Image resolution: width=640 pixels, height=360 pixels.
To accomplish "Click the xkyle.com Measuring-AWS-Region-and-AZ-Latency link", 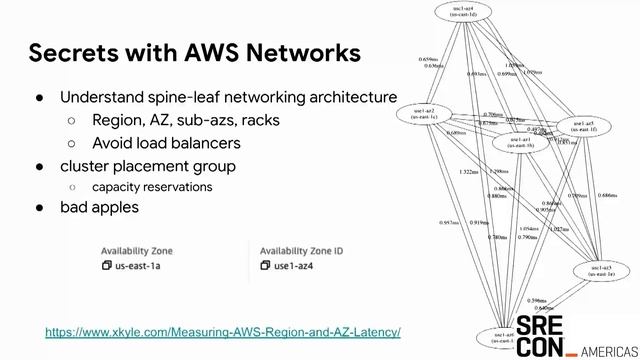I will point(223,331).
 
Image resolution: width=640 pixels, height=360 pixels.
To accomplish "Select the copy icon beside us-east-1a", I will point(107,266).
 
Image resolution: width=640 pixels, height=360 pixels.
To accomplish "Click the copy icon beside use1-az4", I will point(266,266).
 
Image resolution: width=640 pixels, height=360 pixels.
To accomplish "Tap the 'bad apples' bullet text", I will point(99,207).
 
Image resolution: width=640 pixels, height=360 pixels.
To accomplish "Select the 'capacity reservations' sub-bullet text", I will point(152,187).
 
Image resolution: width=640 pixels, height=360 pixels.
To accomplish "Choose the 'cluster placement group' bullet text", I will point(148,165).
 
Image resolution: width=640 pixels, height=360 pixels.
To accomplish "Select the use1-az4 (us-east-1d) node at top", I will point(462,13).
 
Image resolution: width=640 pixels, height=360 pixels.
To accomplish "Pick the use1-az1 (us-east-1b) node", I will point(520,142).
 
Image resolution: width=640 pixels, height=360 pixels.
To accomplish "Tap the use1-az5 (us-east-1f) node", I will point(583,124).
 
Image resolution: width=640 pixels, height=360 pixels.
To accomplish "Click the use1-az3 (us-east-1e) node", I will point(601,271).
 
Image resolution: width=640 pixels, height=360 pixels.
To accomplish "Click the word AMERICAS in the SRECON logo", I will point(603,351).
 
